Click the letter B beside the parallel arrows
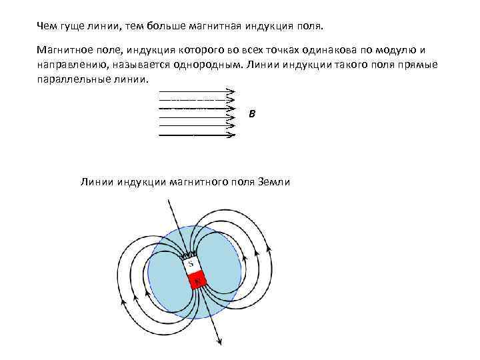(x=251, y=114)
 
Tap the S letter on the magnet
(x=191, y=265)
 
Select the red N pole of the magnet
(x=197, y=281)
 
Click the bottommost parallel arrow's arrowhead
(x=231, y=135)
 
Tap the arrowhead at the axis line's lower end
(x=220, y=342)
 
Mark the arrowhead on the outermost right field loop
(x=269, y=250)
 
